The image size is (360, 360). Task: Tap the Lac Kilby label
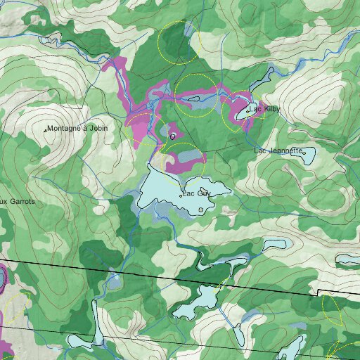[x=266, y=109]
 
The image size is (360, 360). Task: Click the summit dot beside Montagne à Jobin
[x=46, y=130]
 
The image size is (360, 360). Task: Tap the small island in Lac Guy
[x=201, y=210]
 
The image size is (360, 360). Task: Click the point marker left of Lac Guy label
[x=181, y=196]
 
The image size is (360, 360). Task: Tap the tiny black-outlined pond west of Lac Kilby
[x=173, y=136]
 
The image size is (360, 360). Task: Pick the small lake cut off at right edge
[x=349, y=260]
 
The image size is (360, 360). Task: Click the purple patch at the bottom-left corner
[x=6, y=348]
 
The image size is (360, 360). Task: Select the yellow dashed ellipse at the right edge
[x=332, y=308]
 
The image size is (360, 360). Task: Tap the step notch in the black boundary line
[x=317, y=291]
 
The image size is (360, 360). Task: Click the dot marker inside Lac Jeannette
[x=304, y=152]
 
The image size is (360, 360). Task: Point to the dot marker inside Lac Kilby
[x=248, y=110]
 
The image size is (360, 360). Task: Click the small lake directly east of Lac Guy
[x=276, y=245]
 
